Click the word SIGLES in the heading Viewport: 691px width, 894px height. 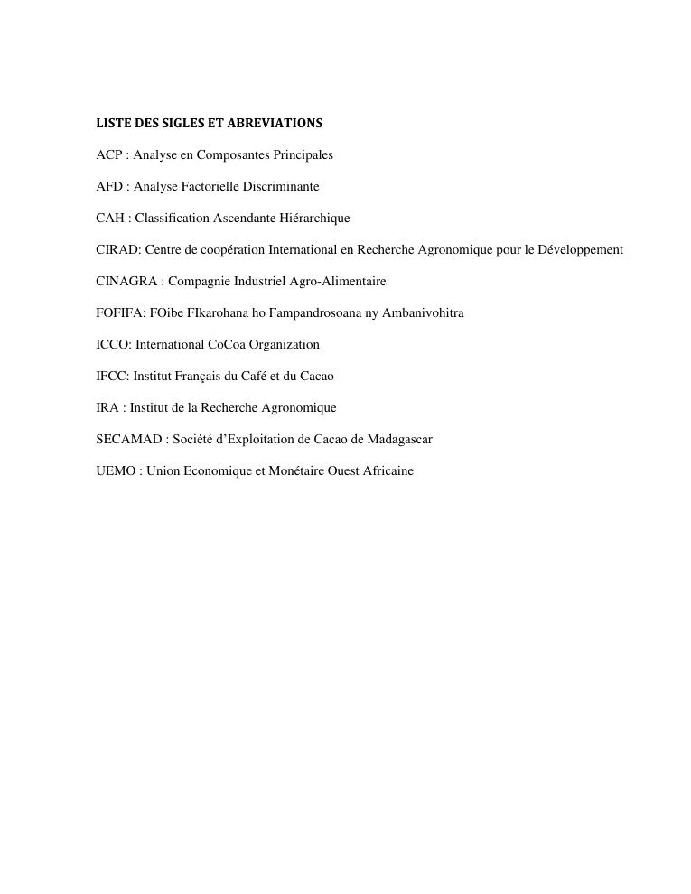coord(180,123)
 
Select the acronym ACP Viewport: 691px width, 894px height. coord(109,155)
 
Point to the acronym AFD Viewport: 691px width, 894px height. coord(109,187)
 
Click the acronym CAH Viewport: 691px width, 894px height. coord(110,219)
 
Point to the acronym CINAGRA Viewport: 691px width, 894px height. coord(126,282)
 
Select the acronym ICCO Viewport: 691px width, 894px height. coord(112,345)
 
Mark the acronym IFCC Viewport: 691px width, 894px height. coord(111,377)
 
